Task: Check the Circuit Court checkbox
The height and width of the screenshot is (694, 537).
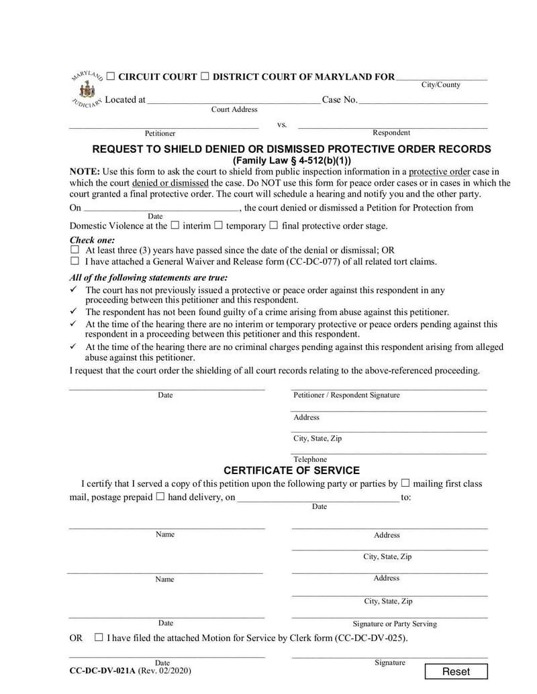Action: click(x=110, y=77)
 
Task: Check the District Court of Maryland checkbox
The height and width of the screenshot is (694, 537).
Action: click(x=205, y=77)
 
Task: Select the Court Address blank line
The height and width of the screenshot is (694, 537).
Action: click(x=234, y=101)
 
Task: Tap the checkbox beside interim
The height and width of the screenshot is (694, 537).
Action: click(x=175, y=226)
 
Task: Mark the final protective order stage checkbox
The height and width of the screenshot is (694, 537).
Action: click(x=273, y=226)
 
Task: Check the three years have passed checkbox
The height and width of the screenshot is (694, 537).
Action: click(x=75, y=250)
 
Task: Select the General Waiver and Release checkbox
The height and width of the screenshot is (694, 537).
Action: click(x=75, y=262)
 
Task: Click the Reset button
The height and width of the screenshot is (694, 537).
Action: click(x=456, y=672)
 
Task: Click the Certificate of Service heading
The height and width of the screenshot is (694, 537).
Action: click(x=291, y=471)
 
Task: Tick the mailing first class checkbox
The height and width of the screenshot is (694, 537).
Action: click(x=405, y=483)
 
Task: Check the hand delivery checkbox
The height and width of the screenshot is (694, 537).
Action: click(x=160, y=498)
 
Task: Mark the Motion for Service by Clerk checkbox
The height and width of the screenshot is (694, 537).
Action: click(x=99, y=638)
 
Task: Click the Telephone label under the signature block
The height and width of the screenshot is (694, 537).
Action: click(x=310, y=459)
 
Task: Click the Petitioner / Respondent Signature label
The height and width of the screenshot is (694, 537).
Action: click(x=346, y=396)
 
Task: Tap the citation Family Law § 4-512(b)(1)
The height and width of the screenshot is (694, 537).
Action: click(x=291, y=161)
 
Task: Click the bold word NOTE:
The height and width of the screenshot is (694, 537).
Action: click(x=85, y=172)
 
